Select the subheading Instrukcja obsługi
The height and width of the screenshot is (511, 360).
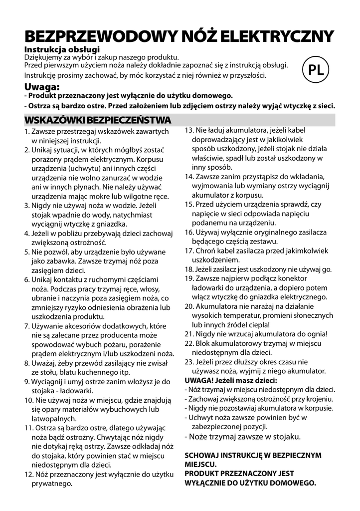pyautogui.click(x=62, y=49)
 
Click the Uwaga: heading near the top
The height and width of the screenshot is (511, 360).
pyautogui.click(x=42, y=86)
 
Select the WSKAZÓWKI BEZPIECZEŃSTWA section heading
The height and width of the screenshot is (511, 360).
pyautogui.click(x=98, y=120)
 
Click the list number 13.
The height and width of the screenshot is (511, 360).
pyautogui.click(x=189, y=130)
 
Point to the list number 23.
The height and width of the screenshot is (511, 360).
pyautogui.click(x=189, y=362)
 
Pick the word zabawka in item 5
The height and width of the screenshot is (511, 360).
pyautogui.click(x=60, y=260)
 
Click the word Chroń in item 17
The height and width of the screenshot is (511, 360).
pyautogui.click(x=206, y=251)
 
